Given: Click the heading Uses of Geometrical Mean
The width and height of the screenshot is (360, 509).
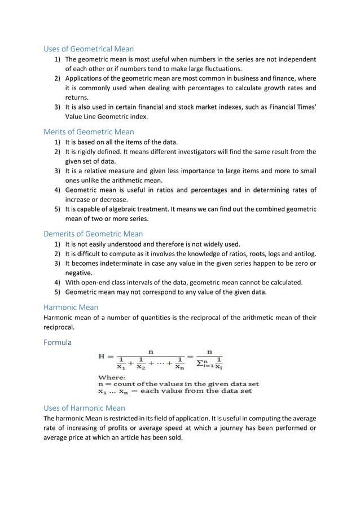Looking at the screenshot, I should [89, 49].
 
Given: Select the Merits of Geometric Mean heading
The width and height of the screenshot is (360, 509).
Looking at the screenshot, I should [89, 132].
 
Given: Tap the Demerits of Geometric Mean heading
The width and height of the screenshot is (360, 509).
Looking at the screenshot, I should [93, 234].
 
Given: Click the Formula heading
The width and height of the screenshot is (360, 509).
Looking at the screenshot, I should [58, 342].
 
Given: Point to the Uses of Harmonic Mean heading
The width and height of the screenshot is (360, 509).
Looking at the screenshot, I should [84, 407].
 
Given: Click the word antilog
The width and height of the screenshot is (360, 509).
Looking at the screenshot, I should [305, 254].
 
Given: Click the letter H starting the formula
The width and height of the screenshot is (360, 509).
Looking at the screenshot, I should [102, 357].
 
